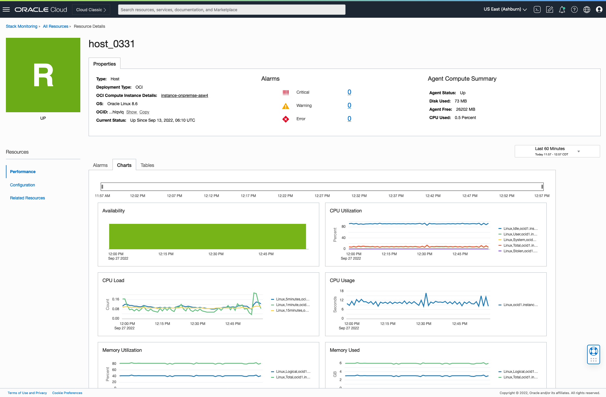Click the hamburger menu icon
(6, 9)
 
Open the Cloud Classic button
(91, 10)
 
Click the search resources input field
(232, 10)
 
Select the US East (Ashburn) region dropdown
(505, 9)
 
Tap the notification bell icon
(562, 10)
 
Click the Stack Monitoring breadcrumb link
(22, 26)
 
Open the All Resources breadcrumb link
(56, 26)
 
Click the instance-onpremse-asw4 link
(185, 95)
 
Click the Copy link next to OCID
(144, 112)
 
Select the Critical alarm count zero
(349, 92)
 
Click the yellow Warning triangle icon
(286, 106)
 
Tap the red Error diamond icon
(286, 119)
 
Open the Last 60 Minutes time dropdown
(557, 151)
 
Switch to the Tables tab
(147, 165)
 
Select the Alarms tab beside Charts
(100, 165)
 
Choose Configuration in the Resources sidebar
(22, 185)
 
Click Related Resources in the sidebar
(27, 198)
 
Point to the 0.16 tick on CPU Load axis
(115, 299)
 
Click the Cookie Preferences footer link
(67, 393)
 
